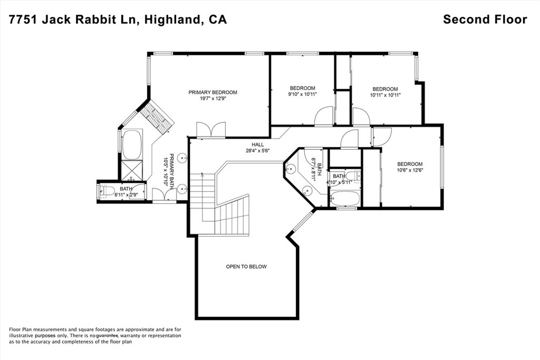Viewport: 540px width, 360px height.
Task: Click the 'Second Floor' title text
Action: pyautogui.click(x=485, y=20)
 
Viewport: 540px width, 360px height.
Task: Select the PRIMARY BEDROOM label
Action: pyautogui.click(x=213, y=92)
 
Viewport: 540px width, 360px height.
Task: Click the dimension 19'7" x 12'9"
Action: pyautogui.click(x=213, y=99)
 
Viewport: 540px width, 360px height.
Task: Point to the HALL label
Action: pyautogui.click(x=257, y=144)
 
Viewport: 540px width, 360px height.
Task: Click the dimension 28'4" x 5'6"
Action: pyautogui.click(x=257, y=151)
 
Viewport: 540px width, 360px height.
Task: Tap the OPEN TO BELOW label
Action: pyautogui.click(x=246, y=267)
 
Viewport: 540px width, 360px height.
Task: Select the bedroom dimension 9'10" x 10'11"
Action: pyautogui.click(x=302, y=95)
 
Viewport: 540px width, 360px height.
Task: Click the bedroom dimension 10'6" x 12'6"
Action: pyautogui.click(x=410, y=170)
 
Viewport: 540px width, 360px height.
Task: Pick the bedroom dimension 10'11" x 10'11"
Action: pyautogui.click(x=385, y=95)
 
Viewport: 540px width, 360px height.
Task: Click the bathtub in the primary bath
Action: pyautogui.click(x=131, y=144)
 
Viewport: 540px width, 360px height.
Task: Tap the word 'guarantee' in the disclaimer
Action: pyautogui.click(x=107, y=335)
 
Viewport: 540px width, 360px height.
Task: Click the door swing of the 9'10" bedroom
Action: pyautogui.click(x=323, y=116)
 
